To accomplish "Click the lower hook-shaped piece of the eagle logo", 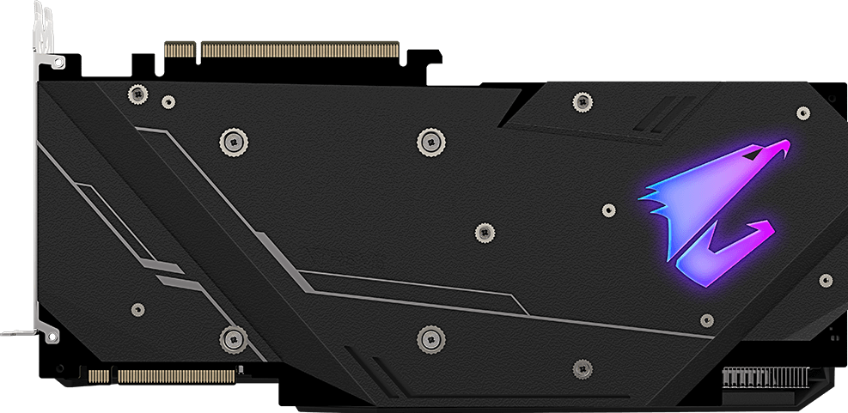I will point(730,252).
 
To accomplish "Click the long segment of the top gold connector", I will point(300,49).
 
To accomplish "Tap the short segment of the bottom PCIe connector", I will point(101,375).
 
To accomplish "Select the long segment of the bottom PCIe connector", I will point(176,375).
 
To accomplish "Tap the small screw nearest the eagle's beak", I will point(803,112).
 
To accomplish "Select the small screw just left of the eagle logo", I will point(608,210).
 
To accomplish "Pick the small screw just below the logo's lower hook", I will point(706,319).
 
